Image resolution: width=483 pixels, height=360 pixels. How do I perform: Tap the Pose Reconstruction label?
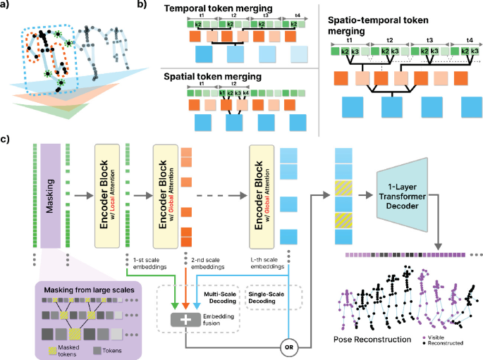(x=372, y=340)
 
